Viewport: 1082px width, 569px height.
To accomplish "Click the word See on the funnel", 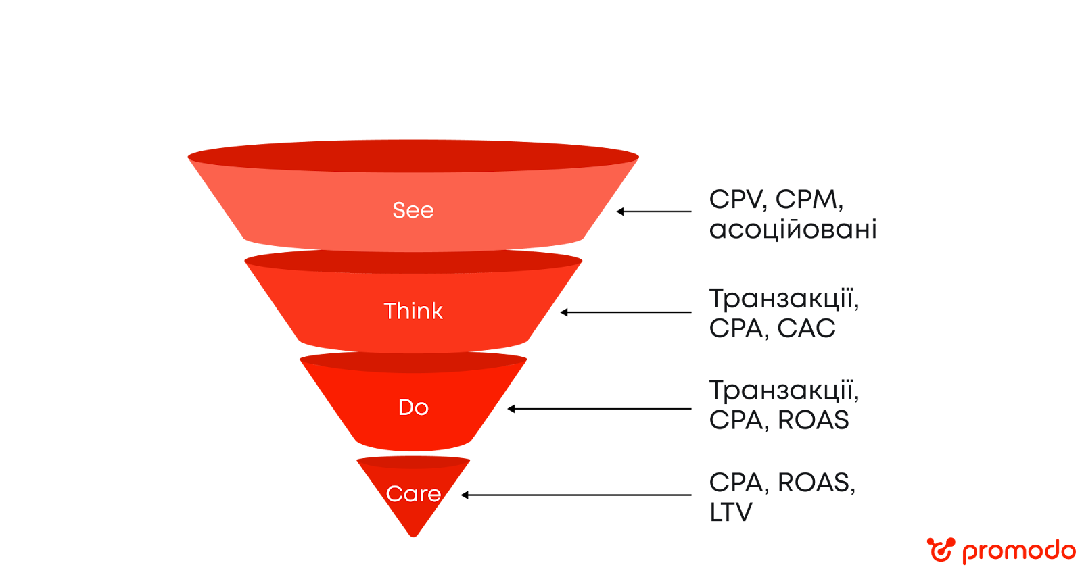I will tap(413, 210).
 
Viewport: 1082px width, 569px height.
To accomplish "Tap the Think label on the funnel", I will tap(413, 311).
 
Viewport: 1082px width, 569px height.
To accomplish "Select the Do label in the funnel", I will tap(413, 407).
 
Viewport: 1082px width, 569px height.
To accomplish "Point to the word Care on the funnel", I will tap(413, 494).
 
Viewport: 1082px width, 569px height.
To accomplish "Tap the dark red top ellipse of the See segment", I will tap(413, 156).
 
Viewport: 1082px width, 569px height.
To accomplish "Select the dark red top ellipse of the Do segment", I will tap(413, 362).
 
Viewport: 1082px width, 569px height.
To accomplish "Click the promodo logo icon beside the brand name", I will tap(941, 549).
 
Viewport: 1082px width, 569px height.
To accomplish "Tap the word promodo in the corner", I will tap(1018, 551).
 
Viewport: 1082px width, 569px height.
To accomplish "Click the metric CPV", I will tap(736, 200).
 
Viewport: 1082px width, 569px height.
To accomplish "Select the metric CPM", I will tap(808, 200).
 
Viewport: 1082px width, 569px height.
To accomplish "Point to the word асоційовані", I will tap(793, 230).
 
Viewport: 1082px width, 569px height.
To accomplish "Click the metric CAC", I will tap(806, 328).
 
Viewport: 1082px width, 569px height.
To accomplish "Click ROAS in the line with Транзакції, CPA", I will tap(813, 420).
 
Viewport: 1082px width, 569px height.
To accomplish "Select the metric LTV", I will tap(730, 512).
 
